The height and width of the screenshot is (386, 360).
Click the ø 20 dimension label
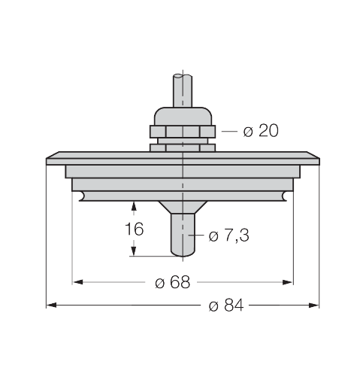[x=261, y=132]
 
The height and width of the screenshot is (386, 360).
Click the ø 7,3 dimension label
[x=228, y=236]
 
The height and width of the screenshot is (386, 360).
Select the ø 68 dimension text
[x=173, y=283]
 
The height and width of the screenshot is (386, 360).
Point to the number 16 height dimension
[x=134, y=229]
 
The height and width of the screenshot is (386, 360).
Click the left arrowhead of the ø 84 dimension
[x=51, y=305]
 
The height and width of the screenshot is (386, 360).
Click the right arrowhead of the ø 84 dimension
[x=316, y=305]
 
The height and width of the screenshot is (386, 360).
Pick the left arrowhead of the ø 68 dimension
[x=77, y=283]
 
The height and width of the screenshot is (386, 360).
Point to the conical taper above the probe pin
[x=183, y=206]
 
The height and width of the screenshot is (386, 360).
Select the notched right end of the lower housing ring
[x=285, y=196]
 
